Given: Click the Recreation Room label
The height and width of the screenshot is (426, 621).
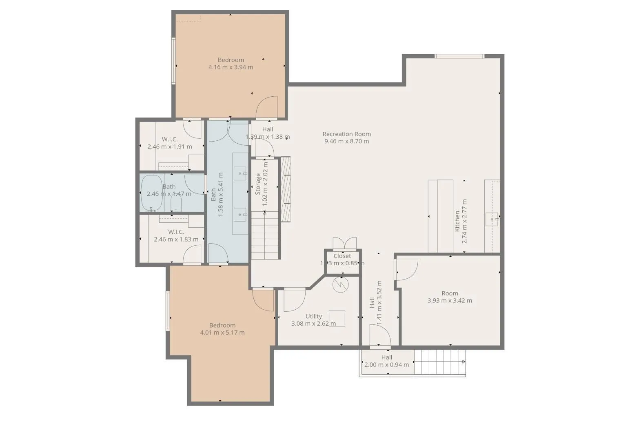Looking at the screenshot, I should click(346, 134).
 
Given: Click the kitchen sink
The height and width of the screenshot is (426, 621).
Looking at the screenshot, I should click(492, 219).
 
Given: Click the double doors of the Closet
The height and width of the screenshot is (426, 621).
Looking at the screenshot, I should click(344, 243).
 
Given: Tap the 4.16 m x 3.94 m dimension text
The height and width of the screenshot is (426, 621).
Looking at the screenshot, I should click(231, 67).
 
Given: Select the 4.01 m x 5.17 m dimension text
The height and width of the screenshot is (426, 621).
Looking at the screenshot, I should click(222, 333).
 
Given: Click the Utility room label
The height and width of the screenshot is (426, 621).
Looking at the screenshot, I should click(313, 316).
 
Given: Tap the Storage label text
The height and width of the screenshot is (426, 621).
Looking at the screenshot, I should click(258, 184).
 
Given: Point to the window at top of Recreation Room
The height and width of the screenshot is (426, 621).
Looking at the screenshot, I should click(459, 56).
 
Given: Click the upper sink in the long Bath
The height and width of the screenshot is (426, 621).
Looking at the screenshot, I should click(240, 173).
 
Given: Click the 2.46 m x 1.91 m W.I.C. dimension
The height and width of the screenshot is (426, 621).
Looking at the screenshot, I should click(170, 146).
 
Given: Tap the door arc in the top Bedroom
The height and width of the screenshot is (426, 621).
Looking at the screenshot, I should click(267, 107).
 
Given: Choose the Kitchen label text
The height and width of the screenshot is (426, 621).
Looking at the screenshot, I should click(457, 221).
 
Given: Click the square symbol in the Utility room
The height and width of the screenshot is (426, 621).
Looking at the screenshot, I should click(337, 318).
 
